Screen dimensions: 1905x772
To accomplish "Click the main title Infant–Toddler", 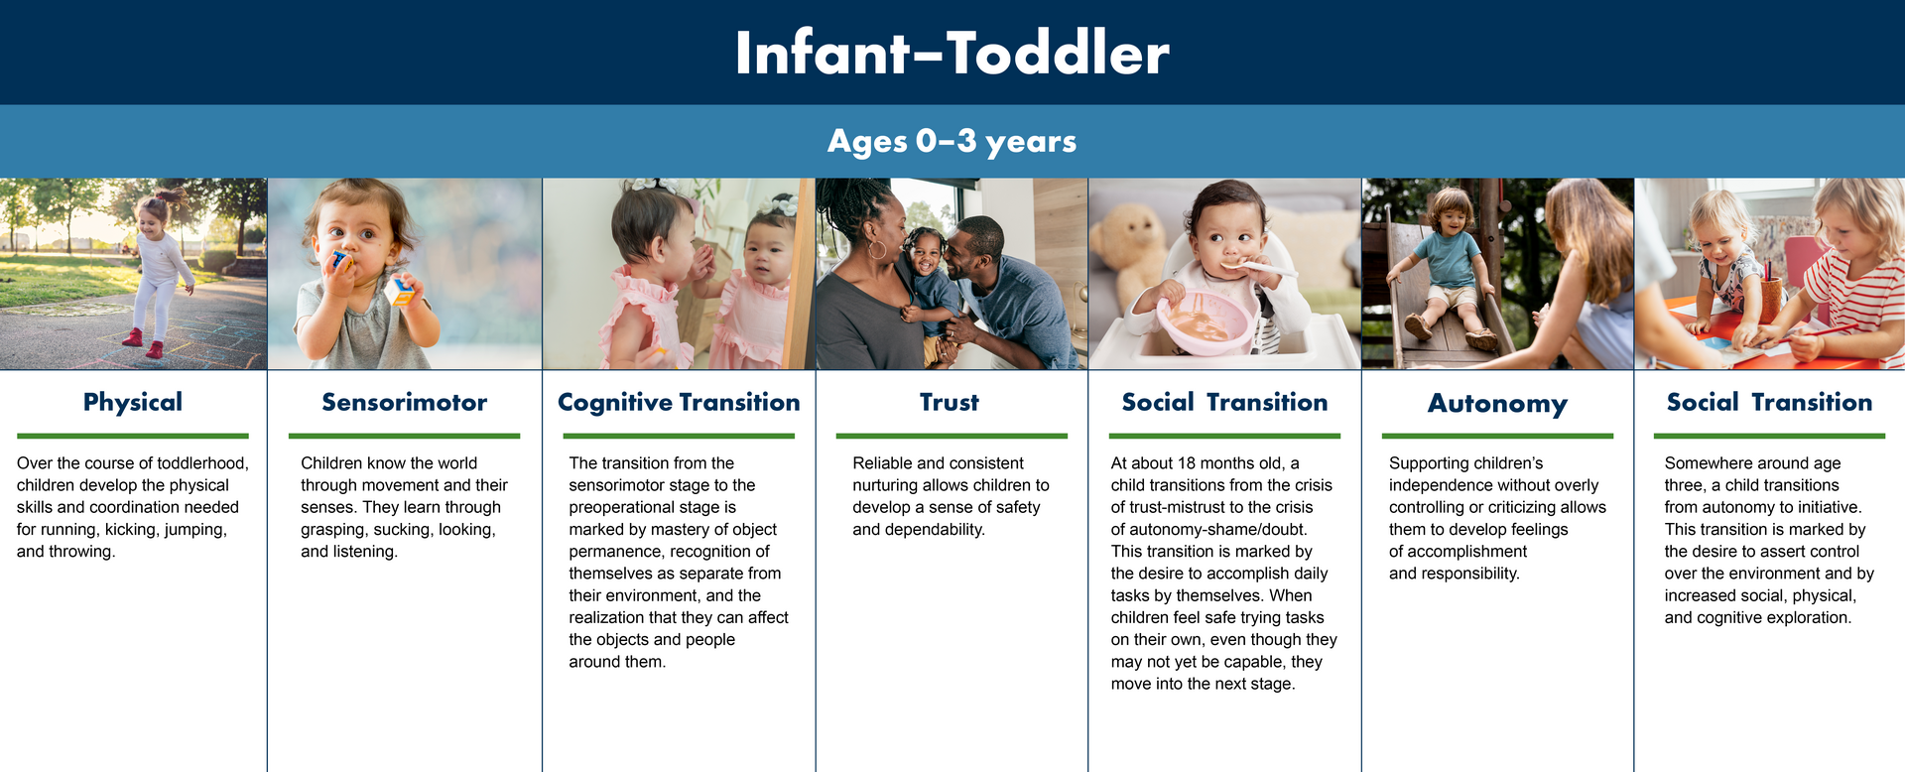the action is [x=952, y=53].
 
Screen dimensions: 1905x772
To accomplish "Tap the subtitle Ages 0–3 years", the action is [x=952, y=142].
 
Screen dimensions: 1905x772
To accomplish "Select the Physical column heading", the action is [x=133, y=402].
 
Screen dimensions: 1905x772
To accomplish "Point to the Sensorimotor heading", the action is [x=405, y=402].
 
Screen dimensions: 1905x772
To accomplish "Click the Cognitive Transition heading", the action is [x=679, y=402].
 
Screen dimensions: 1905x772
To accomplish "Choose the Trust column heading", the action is [x=950, y=402].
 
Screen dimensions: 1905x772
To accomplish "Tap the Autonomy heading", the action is [x=1497, y=404].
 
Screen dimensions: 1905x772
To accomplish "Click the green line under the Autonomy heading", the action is [x=1497, y=436].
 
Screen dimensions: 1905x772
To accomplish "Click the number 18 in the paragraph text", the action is [x=1188, y=463].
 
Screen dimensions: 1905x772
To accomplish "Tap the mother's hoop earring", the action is [x=877, y=248].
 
